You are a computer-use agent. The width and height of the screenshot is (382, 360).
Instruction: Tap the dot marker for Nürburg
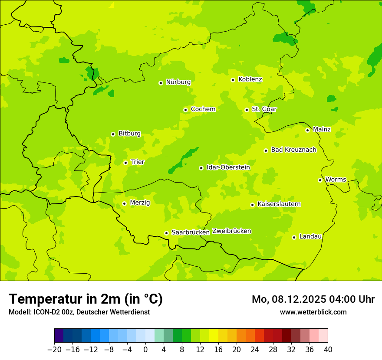click(161, 83)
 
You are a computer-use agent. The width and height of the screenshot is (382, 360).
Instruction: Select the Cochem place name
click(203, 109)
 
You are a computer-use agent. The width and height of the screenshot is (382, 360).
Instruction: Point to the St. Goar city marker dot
click(247, 110)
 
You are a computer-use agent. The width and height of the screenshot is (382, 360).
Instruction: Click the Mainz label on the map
click(322, 130)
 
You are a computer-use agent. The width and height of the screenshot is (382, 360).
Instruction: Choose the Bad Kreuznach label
click(293, 150)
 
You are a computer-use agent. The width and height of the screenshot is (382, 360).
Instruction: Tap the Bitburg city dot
click(113, 134)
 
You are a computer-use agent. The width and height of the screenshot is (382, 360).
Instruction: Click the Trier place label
click(138, 162)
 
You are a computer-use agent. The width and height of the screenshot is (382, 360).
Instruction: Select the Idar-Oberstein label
click(228, 167)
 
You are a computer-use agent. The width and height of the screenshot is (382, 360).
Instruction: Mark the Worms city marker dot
click(320, 180)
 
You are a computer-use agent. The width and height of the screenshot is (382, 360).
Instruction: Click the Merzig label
click(140, 203)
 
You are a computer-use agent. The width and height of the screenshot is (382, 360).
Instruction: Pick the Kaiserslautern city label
click(279, 204)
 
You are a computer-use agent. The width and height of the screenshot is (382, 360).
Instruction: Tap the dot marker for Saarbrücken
click(166, 233)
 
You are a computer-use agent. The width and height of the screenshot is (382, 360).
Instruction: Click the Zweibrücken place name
click(231, 231)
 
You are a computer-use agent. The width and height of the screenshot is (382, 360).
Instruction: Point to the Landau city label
click(310, 237)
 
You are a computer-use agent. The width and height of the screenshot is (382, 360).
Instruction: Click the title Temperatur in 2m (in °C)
click(86, 299)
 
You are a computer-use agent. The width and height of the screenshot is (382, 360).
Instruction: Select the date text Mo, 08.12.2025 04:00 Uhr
click(313, 299)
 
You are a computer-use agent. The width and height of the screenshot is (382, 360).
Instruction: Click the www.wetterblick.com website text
click(313, 312)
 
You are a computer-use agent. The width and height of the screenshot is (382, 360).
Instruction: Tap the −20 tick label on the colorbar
click(54, 350)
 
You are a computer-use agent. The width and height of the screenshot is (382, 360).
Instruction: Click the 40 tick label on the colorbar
click(328, 350)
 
